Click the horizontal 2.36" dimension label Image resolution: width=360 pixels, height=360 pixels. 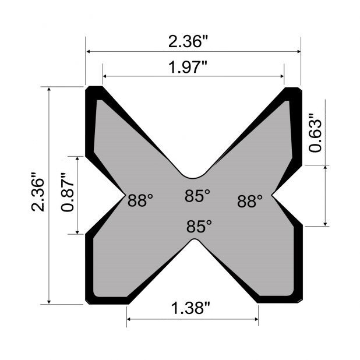click(188, 42)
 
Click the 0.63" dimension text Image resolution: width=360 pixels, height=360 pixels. click(315, 133)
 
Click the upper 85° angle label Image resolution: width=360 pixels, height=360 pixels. click(197, 196)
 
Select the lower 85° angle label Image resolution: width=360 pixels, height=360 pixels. click(199, 226)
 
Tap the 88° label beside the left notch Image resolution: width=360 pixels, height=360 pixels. click(140, 201)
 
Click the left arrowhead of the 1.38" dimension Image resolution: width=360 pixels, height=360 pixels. click(130, 319)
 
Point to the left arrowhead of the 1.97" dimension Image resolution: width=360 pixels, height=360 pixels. click(105, 76)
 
